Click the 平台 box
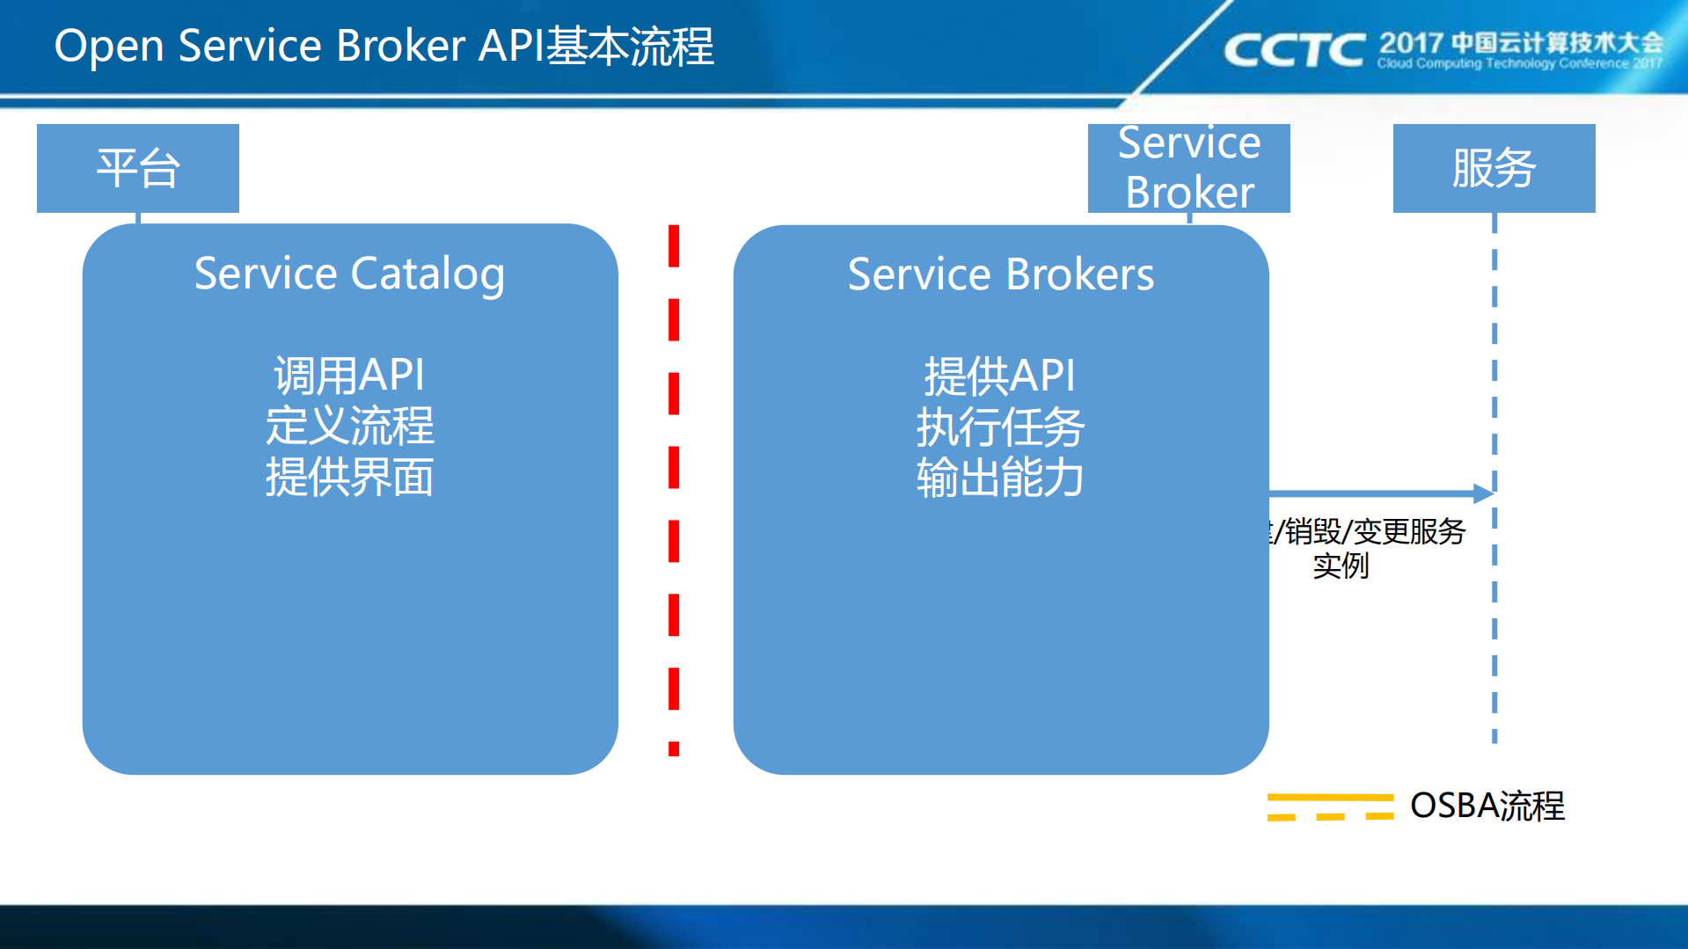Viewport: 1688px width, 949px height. coord(138,168)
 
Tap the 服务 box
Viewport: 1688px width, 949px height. coord(1494,168)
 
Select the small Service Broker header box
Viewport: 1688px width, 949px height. coord(1188,168)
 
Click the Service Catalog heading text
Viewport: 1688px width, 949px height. coord(349,274)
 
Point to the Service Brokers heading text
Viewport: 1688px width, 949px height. coord(1000,274)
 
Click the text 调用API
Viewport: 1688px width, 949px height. coord(349,376)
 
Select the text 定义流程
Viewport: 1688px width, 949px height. coord(349,427)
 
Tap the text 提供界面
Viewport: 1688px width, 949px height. coord(349,478)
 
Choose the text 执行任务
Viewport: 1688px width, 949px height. coord(1000,427)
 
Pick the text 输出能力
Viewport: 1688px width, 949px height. coord(1000,478)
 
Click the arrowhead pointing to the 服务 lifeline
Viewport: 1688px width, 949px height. coord(1484,493)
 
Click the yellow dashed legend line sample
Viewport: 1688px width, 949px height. coord(1329,807)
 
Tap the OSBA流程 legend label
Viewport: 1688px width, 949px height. coord(1487,806)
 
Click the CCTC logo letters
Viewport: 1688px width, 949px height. coord(1294,50)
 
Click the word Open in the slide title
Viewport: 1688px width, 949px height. coord(109,47)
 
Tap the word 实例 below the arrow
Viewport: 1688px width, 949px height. coord(1341,566)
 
